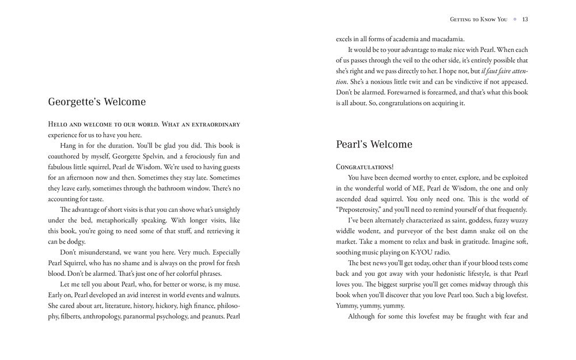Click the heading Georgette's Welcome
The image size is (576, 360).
coord(97,102)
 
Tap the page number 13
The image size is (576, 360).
coord(525,19)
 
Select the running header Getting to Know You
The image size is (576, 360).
coord(478,19)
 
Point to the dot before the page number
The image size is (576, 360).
coord(516,19)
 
